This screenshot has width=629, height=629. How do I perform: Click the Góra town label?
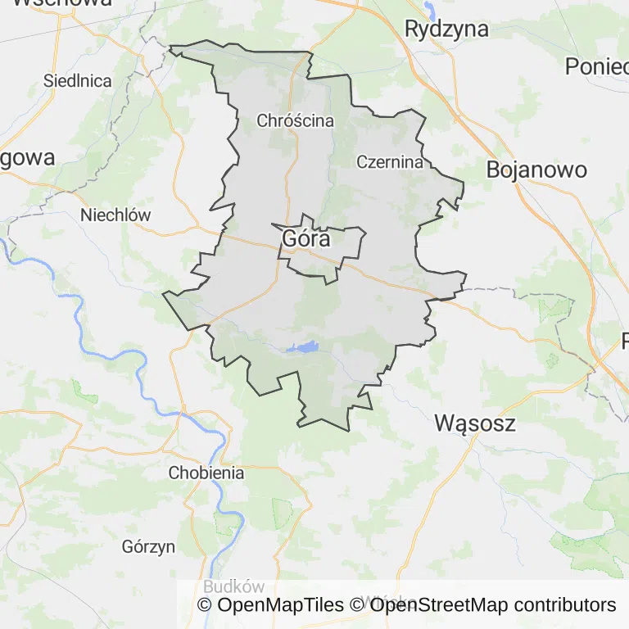[305, 238]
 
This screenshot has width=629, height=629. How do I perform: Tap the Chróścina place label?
[295, 120]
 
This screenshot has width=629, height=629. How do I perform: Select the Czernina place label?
[390, 161]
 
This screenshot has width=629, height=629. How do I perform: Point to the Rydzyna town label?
[446, 29]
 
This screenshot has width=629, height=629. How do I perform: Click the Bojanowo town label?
[536, 170]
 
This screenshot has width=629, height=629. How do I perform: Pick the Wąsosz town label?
[474, 423]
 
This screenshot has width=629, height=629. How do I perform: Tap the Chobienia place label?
[206, 473]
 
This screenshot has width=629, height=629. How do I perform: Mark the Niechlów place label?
[115, 215]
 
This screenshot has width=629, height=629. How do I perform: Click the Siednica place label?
[77, 81]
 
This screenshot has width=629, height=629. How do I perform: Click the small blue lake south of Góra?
[305, 348]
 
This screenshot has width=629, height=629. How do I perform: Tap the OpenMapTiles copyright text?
[271, 605]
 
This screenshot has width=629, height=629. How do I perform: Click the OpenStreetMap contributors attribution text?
[483, 605]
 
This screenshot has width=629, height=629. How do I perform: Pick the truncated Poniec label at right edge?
[596, 66]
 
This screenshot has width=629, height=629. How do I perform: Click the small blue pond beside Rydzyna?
[430, 10]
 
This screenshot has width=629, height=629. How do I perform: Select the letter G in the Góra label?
[289, 238]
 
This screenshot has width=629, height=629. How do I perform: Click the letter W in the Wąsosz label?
[443, 423]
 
